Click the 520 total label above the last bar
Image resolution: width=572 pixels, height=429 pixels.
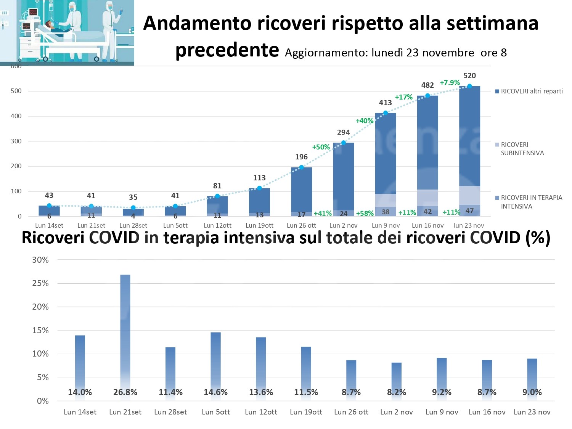[x=469, y=76]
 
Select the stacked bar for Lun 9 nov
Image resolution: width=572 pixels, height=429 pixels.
[x=386, y=164]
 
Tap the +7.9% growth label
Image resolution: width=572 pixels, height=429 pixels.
[x=450, y=83]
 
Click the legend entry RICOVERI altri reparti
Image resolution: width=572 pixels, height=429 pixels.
[x=531, y=91]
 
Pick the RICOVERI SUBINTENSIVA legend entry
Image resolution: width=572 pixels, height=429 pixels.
[x=522, y=149]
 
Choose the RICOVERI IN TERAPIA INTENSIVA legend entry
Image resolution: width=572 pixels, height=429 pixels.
[x=531, y=202]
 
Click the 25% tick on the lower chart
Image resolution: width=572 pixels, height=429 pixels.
[x=40, y=283]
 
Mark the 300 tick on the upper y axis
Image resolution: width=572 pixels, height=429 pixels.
[x=16, y=141]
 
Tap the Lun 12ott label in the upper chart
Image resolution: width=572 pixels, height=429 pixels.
[x=217, y=225]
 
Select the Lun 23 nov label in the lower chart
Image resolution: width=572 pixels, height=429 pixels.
[x=532, y=412]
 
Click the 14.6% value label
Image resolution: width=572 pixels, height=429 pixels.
[x=216, y=392]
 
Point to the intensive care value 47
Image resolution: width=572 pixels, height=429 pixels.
[x=469, y=211]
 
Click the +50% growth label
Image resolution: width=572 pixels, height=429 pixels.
[x=321, y=147]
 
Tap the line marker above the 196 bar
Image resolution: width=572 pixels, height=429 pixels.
[x=301, y=167]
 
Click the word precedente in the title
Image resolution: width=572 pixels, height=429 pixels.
[x=227, y=50]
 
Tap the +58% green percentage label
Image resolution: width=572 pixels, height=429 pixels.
[x=365, y=214]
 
